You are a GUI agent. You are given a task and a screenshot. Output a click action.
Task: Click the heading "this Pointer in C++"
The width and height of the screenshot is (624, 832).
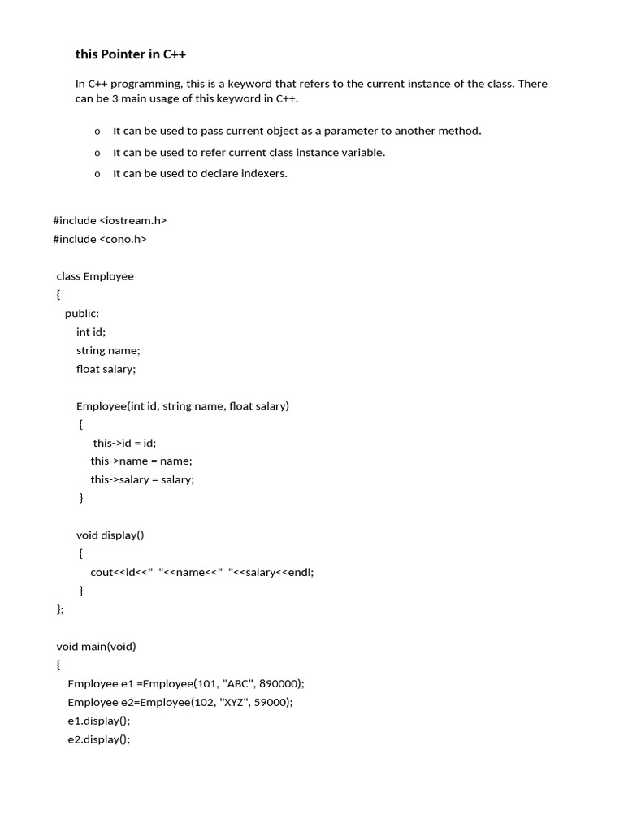[131, 54]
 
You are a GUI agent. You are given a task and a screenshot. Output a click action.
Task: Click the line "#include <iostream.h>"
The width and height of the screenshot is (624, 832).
[110, 220]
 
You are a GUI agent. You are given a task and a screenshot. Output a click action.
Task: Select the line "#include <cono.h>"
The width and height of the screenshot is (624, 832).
[100, 239]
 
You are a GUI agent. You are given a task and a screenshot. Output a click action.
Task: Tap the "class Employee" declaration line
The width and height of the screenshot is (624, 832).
[95, 276]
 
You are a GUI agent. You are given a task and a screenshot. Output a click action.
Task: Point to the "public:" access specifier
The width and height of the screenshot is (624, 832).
[82, 313]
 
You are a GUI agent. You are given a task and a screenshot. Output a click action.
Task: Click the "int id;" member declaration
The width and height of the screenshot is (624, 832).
[91, 331]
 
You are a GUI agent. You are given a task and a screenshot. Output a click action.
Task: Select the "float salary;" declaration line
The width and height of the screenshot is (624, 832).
[106, 369]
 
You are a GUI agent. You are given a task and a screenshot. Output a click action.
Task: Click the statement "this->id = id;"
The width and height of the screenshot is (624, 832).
[124, 443]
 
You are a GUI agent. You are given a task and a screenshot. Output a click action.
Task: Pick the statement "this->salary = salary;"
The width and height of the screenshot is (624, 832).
[142, 479]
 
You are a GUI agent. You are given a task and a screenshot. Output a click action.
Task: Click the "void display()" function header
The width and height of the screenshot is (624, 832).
[110, 535]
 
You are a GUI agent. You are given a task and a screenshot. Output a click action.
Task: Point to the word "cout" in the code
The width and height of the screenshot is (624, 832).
[102, 572]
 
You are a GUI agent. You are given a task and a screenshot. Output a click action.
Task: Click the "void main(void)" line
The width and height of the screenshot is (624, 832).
[96, 647]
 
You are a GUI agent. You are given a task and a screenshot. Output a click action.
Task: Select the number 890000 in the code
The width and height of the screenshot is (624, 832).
[279, 684]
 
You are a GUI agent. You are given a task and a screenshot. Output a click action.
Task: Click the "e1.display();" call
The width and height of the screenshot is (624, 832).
[98, 721]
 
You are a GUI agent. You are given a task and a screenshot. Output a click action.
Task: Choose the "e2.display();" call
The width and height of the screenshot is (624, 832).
[98, 739]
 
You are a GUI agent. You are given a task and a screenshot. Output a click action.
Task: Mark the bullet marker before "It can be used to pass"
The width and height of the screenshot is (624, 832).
[97, 131]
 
